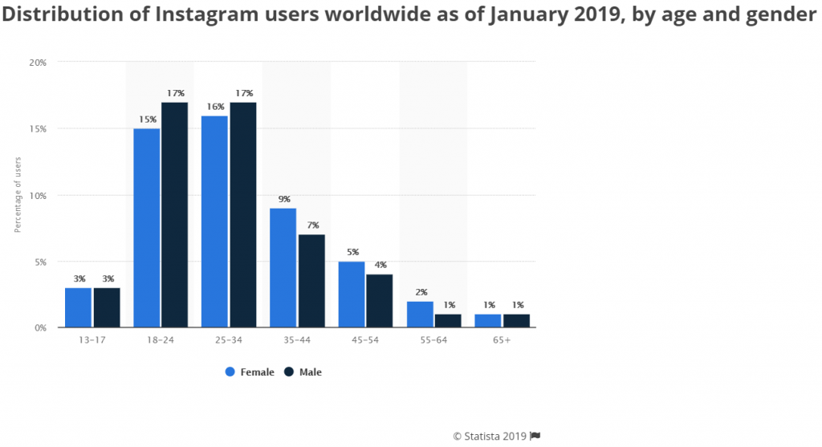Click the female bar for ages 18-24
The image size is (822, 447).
tap(146, 228)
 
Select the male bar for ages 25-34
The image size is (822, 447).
tap(242, 215)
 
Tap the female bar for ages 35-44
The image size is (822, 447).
tap(283, 268)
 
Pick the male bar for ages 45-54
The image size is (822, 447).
tap(379, 301)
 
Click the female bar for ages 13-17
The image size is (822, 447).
tap(78, 307)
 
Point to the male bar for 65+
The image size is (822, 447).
tap(516, 320)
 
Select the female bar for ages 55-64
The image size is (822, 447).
tap(420, 314)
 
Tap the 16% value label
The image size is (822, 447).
tap(214, 107)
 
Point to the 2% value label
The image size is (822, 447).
tap(420, 292)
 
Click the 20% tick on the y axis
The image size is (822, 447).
tap(38, 62)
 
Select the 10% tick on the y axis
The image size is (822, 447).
tap(38, 195)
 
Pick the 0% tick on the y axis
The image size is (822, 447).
tap(40, 327)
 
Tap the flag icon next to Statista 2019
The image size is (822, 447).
tap(535, 436)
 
